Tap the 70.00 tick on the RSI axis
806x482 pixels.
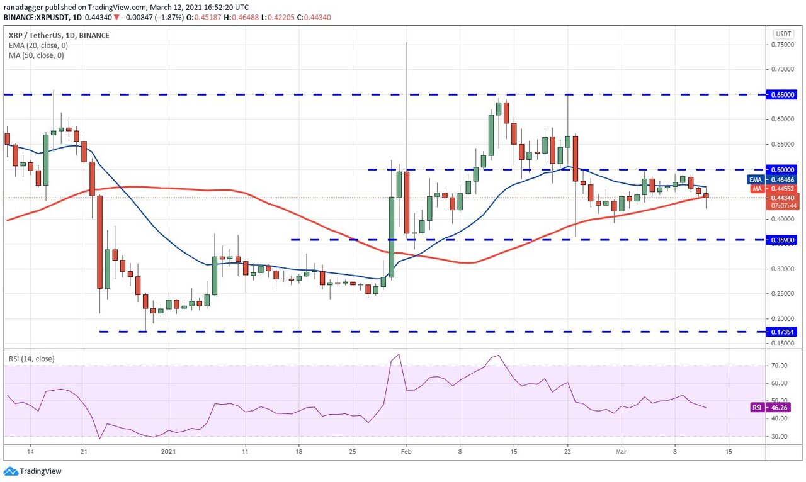click(x=780, y=366)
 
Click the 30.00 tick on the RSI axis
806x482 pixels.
click(x=780, y=437)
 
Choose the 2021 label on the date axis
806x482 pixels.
click(x=169, y=451)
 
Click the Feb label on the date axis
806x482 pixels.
click(x=406, y=451)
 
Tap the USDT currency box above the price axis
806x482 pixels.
click(x=783, y=34)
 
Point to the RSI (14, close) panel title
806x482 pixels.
click(x=31, y=359)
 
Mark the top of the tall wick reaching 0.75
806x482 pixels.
click(x=407, y=43)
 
